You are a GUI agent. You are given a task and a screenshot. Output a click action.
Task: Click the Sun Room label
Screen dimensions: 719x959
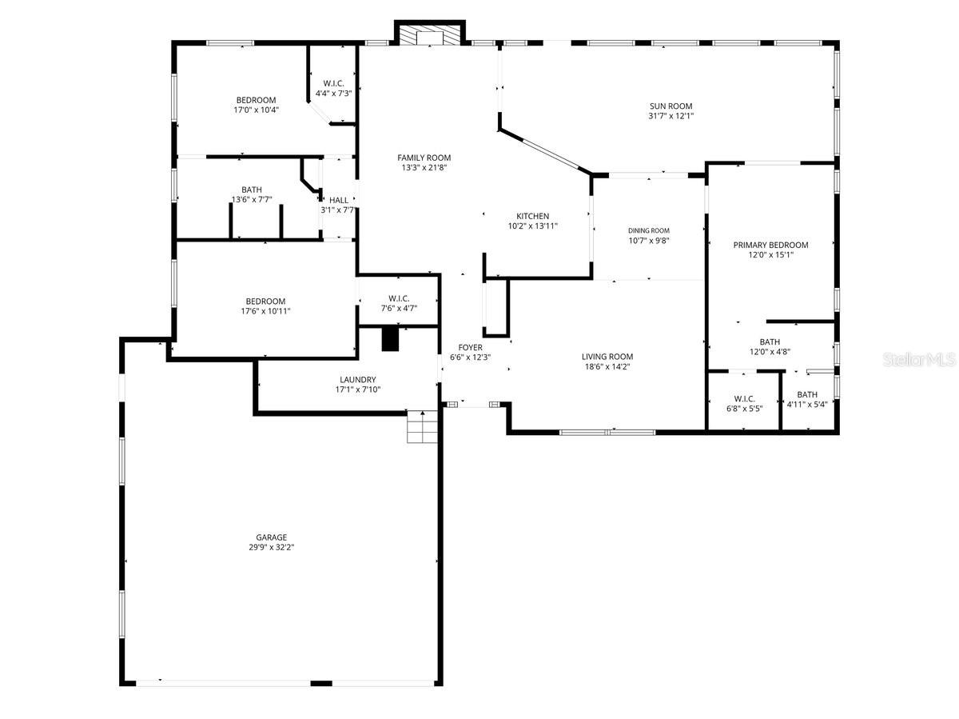(x=670, y=106)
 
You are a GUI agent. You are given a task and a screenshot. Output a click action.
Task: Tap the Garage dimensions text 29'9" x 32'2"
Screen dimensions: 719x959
(x=272, y=548)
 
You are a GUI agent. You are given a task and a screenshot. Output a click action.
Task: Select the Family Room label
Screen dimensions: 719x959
(x=424, y=158)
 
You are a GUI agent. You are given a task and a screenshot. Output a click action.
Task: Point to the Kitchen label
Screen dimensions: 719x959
(x=532, y=216)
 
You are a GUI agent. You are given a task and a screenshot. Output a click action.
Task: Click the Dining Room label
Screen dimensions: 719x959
(x=648, y=230)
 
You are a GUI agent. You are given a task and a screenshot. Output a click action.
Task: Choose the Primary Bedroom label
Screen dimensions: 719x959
(x=770, y=245)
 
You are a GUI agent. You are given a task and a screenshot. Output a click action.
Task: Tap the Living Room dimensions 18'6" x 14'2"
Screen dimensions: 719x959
(x=607, y=367)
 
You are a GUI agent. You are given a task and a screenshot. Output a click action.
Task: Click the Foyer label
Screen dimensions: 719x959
(x=470, y=347)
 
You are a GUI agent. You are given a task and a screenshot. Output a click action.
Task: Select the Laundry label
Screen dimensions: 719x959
(x=357, y=379)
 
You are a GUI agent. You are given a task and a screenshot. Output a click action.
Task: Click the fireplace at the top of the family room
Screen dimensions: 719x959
(x=430, y=36)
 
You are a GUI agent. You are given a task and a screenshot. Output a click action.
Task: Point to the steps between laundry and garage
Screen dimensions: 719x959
(x=421, y=427)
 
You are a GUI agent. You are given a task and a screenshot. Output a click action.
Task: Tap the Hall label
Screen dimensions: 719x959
(x=338, y=200)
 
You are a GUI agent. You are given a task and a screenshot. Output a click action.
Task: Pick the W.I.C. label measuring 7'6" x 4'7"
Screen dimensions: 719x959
(x=399, y=298)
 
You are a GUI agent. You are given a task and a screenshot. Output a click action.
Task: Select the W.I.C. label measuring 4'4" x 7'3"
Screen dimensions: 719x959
(x=333, y=83)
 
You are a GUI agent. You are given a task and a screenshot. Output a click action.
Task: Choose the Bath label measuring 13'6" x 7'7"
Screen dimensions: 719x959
(x=252, y=190)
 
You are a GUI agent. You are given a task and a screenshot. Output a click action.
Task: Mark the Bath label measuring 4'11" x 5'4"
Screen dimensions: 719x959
(x=806, y=394)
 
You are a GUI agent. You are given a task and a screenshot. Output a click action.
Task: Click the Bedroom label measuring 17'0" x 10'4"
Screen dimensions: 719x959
(x=256, y=100)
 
